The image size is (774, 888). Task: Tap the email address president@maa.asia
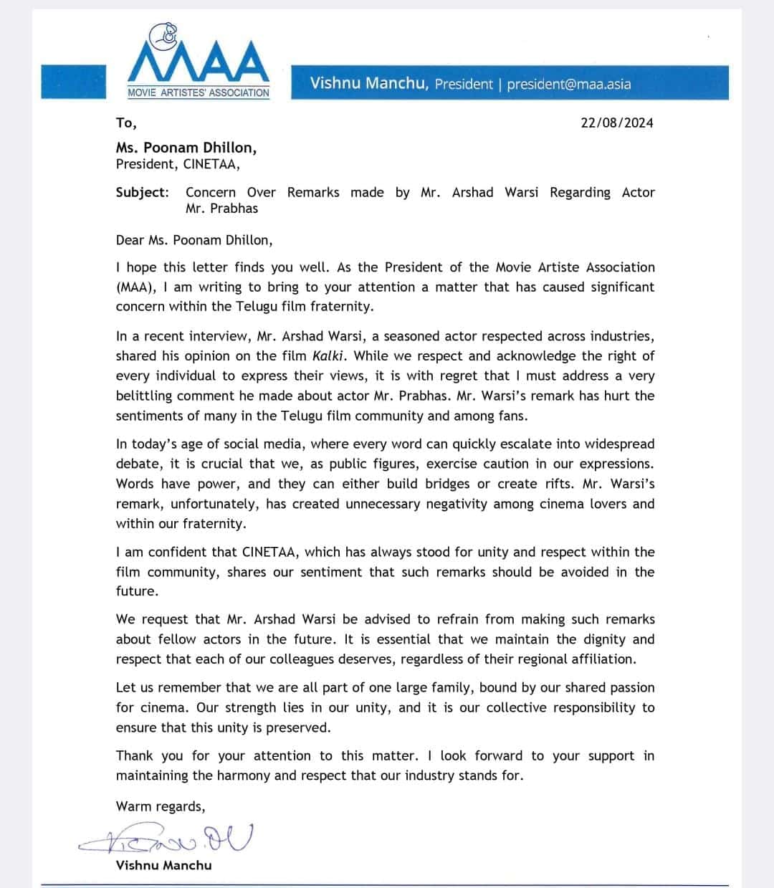click(x=569, y=84)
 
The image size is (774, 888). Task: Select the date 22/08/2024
click(x=616, y=123)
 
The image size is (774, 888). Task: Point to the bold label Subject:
click(x=143, y=192)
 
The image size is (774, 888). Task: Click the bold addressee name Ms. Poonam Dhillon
click(x=186, y=148)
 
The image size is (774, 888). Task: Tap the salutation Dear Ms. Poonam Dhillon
click(x=194, y=239)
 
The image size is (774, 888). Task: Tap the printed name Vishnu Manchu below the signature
click(x=163, y=865)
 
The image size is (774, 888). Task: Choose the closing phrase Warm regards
click(x=161, y=806)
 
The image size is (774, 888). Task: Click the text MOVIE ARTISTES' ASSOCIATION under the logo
click(x=199, y=92)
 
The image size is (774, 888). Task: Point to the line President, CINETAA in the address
click(x=178, y=164)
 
